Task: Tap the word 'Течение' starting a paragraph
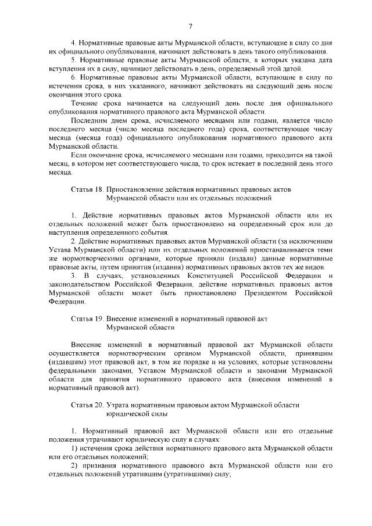pos(84,103)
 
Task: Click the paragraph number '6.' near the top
pos(74,77)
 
